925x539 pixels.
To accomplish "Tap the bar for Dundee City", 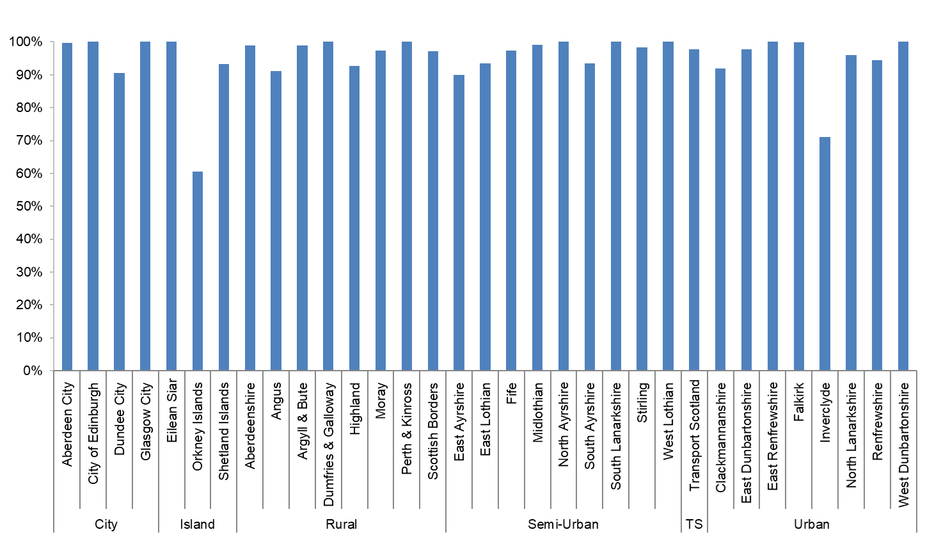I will (119, 221).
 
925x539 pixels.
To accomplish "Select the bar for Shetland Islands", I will (223, 217).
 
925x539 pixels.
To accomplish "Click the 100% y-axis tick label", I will (26, 42).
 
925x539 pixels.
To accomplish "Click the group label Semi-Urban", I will (563, 524).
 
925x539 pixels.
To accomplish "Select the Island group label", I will (197, 524).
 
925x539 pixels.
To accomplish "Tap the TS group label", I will (694, 524).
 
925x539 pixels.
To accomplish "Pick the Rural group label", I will (341, 524).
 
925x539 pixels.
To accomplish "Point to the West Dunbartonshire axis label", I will (903, 444).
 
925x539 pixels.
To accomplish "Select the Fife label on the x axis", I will (511, 393).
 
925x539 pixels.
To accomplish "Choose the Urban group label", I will (811, 524).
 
